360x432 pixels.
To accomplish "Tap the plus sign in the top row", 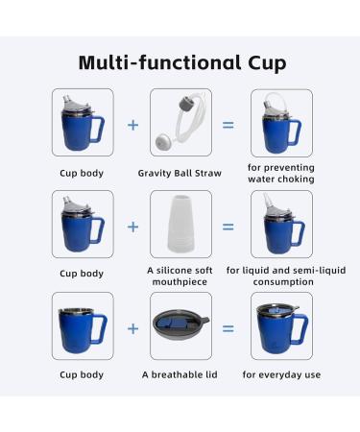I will (x=133, y=125).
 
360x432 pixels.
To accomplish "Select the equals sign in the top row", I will (x=228, y=125).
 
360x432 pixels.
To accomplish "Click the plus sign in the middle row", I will (x=133, y=227).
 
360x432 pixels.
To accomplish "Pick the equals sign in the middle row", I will (x=228, y=227).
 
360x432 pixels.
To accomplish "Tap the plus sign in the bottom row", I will (x=133, y=327).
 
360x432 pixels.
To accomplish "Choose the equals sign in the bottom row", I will (x=228, y=327).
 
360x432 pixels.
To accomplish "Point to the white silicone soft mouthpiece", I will (x=181, y=225).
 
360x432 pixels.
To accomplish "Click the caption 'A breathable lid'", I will (x=181, y=374).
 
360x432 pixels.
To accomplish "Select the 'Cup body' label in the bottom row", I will (x=83, y=374).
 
